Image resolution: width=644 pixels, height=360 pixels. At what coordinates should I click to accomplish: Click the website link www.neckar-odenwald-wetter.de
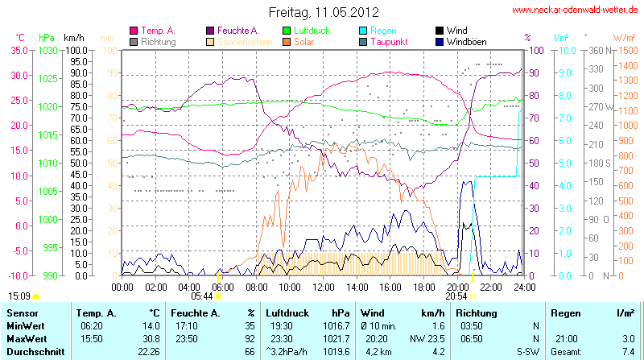pos(576,10)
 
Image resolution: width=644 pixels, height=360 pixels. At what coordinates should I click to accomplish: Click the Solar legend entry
pos(304,42)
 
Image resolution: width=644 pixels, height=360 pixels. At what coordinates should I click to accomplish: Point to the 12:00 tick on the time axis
pos(324,286)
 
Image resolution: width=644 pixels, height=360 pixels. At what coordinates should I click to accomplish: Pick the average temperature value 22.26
pos(148,351)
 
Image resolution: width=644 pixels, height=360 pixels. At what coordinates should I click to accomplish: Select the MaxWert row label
pos(26,338)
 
